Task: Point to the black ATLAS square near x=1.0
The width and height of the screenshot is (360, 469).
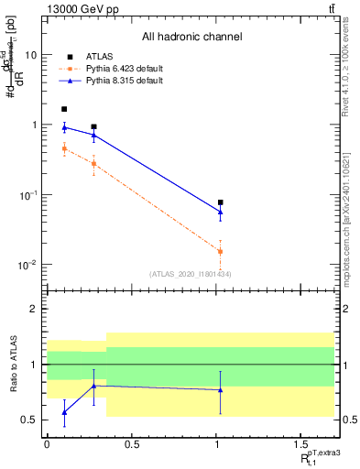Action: [221, 202]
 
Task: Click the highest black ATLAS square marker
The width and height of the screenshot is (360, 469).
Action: [64, 109]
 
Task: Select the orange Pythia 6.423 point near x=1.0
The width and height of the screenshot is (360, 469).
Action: [221, 251]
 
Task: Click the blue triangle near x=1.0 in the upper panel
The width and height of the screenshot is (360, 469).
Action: [221, 213]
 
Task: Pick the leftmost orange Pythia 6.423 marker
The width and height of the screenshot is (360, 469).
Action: [64, 148]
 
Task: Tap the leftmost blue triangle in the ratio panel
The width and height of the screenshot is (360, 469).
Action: [64, 413]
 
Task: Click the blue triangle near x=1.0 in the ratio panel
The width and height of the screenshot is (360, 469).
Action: [221, 390]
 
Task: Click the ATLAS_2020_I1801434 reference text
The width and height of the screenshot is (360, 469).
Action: [191, 274]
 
